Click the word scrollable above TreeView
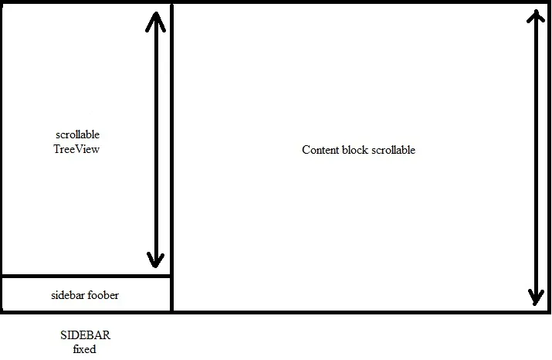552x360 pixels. click(78, 135)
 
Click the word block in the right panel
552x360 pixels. click(355, 150)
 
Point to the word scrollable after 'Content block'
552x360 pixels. click(393, 150)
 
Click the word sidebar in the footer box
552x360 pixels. click(67, 295)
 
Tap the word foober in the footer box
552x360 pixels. click(103, 295)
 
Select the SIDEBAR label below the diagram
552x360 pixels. click(86, 336)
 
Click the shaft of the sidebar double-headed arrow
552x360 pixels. click(156, 139)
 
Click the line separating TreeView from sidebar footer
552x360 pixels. click(86, 276)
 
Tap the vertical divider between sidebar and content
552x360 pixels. click(171, 155)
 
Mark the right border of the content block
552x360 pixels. click(549, 155)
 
